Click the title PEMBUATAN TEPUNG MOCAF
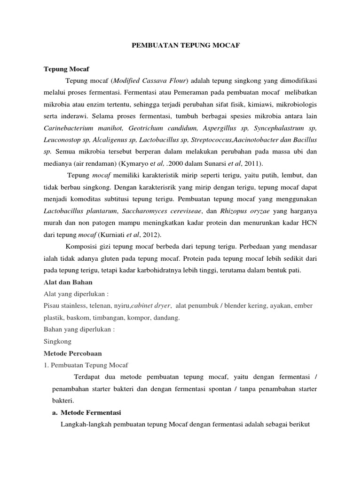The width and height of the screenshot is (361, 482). [x=180, y=46]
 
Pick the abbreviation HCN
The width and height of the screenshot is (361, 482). [x=308, y=223]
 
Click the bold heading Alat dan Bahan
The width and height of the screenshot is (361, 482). [x=68, y=282]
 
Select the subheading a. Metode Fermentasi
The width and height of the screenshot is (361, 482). [x=86, y=413]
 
